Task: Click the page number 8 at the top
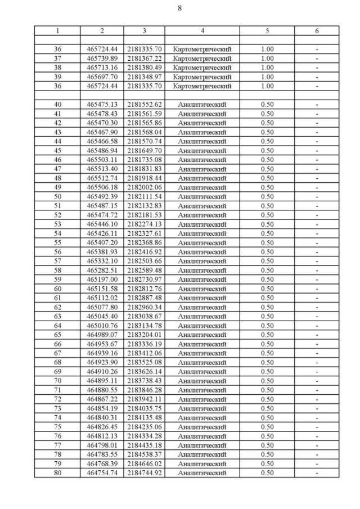[x=179, y=8]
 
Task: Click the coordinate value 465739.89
[x=102, y=58]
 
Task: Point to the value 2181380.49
[x=145, y=67]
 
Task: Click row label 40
[x=57, y=105]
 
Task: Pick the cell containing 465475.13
[x=102, y=105]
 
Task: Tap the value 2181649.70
[x=145, y=151]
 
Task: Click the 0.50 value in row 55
[x=268, y=243]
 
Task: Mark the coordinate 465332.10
[x=102, y=261]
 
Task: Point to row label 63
[x=57, y=317]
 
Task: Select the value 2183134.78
[x=145, y=326]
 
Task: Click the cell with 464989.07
[x=102, y=335]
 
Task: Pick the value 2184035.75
[x=145, y=408]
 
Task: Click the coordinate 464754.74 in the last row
[x=102, y=473]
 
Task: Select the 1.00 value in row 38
[x=268, y=67]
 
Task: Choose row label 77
[x=57, y=445]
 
